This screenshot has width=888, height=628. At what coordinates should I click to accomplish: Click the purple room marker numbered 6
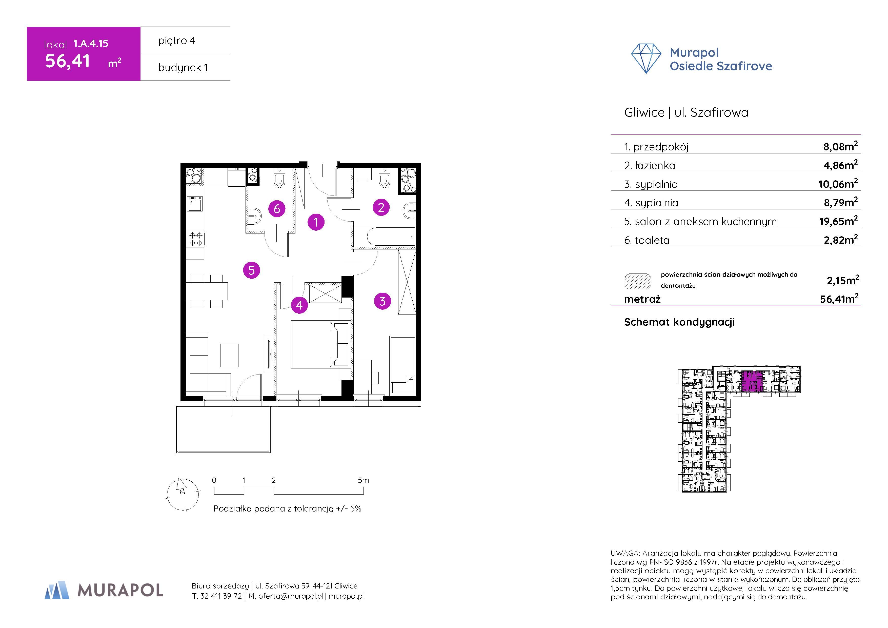277,209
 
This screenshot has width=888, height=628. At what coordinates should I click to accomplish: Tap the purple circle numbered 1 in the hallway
316,222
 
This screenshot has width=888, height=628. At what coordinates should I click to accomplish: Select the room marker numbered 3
382,301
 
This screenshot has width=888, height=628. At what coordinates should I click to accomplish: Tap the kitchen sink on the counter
195,204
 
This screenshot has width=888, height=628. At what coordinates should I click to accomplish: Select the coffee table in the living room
229,355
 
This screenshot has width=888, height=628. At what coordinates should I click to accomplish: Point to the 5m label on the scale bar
363,480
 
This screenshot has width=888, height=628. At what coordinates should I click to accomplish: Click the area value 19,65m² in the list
838,221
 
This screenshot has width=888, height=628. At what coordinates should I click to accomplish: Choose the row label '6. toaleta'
647,240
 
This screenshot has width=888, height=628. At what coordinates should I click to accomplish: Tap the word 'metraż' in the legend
642,299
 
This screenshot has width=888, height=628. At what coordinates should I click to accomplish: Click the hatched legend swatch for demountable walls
637,281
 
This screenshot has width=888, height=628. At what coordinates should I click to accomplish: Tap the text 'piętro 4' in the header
177,41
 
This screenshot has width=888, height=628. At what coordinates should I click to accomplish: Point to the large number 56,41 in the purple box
68,61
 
